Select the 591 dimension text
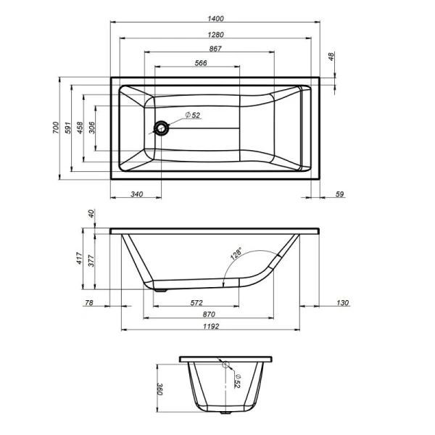[67, 127]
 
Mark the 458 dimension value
[80, 127]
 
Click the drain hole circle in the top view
[161, 128]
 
